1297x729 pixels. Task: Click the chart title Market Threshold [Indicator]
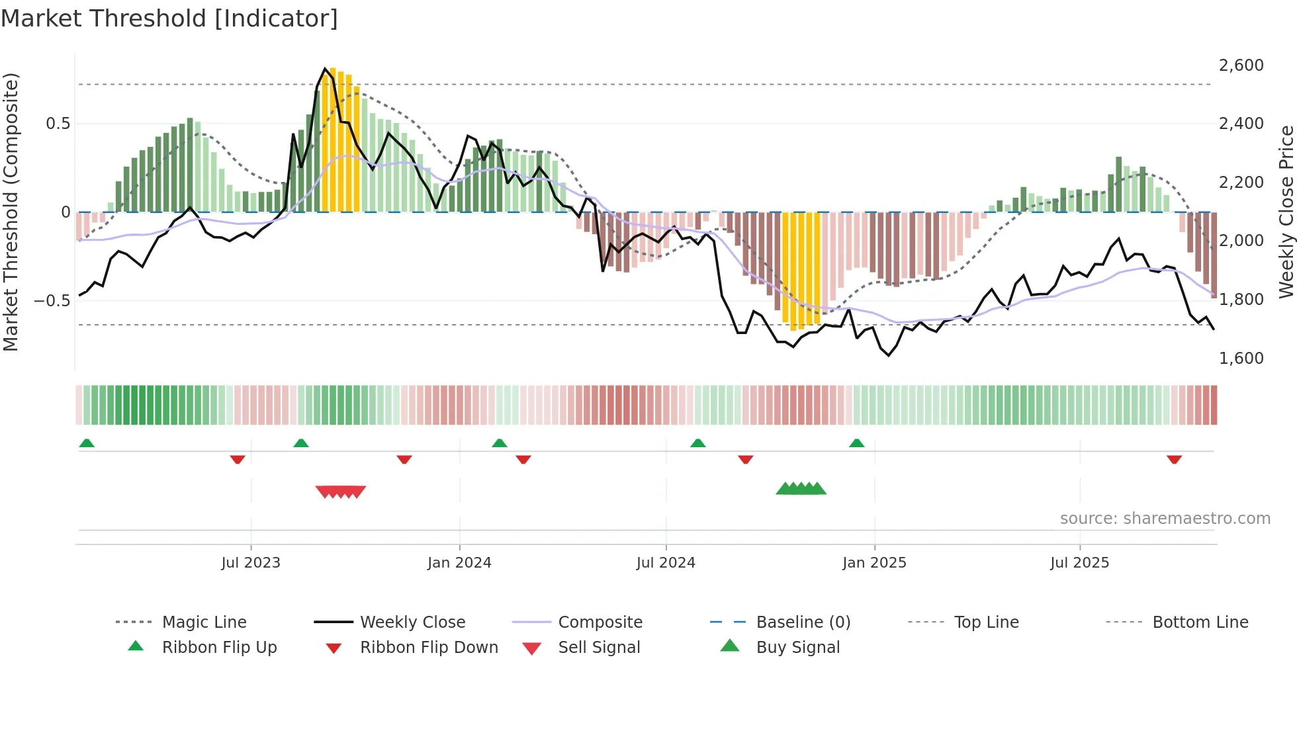(x=169, y=19)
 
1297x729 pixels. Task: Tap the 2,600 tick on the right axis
(x=1241, y=65)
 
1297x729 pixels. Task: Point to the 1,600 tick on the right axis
(x=1241, y=358)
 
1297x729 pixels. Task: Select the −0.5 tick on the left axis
(x=52, y=301)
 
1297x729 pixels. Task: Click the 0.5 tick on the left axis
(x=58, y=124)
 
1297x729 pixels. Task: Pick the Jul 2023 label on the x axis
(x=251, y=563)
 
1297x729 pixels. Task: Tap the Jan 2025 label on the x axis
(x=874, y=563)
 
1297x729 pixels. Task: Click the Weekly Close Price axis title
(x=1286, y=212)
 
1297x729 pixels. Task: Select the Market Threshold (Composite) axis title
(x=11, y=212)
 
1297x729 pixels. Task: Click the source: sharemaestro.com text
(x=1165, y=519)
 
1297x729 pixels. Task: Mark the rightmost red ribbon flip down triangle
(x=1174, y=459)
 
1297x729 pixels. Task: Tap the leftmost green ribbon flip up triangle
(x=87, y=443)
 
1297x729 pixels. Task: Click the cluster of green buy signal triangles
(x=801, y=489)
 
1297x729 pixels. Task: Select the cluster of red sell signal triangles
(x=341, y=492)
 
